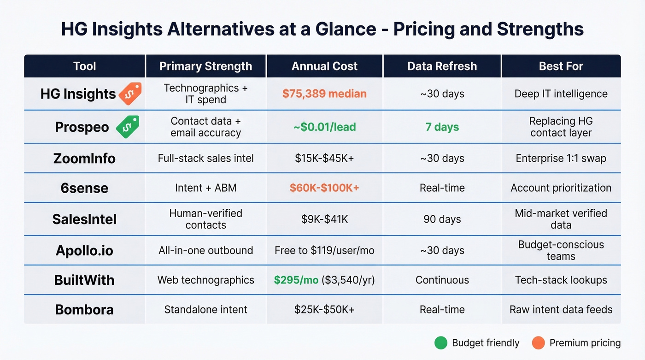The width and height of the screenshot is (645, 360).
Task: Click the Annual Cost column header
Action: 324,66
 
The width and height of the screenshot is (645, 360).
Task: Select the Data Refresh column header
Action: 442,66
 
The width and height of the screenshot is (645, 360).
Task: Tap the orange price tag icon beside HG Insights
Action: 130,94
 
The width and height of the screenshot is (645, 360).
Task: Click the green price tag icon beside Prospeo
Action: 127,127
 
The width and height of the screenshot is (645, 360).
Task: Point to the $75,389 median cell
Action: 324,94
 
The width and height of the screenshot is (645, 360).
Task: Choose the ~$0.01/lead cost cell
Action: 324,127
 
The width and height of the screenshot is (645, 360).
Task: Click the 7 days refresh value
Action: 442,127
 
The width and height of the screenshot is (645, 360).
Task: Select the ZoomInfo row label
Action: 84,159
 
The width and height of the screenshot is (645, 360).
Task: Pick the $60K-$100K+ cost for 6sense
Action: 324,188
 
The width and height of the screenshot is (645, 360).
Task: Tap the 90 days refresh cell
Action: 442,219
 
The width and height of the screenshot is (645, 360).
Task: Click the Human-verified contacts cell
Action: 205,219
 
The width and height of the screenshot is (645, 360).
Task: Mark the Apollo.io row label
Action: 84,251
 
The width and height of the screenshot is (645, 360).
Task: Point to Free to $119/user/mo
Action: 324,251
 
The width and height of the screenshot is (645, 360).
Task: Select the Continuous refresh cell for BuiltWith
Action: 442,280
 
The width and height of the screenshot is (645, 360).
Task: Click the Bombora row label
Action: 84,310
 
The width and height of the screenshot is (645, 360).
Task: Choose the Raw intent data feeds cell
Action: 561,310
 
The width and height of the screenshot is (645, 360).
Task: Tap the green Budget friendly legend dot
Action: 441,343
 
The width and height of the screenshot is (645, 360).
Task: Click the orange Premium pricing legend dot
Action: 538,343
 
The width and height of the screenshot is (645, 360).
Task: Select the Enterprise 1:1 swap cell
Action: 561,159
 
